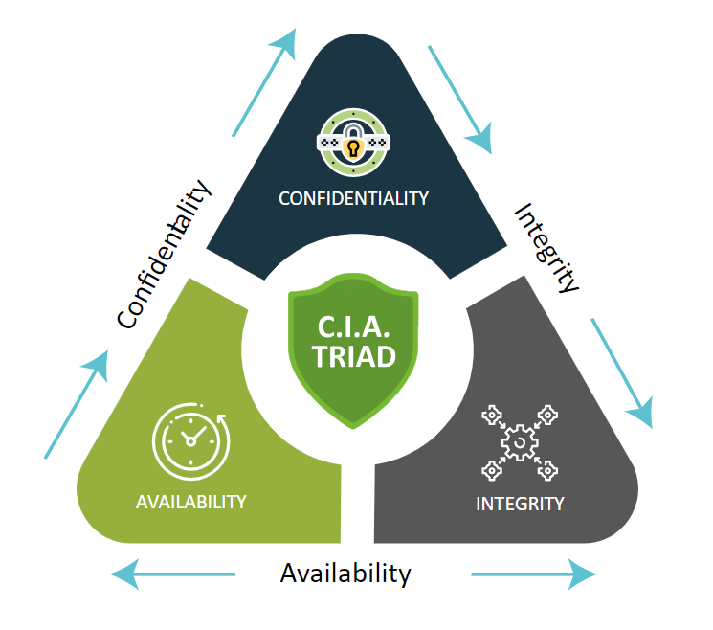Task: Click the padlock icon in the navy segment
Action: pos(353,145)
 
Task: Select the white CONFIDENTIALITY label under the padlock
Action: pos(353,198)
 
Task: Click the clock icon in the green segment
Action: pos(190,439)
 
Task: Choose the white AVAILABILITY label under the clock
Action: pos(190,502)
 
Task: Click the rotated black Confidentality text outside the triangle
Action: pos(164,255)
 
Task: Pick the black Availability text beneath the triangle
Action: pos(345,574)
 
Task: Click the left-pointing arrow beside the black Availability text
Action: pos(172,574)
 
